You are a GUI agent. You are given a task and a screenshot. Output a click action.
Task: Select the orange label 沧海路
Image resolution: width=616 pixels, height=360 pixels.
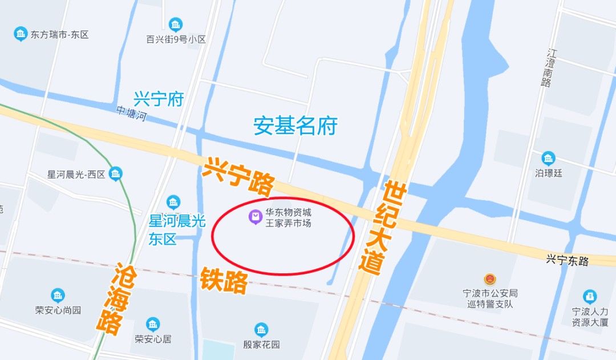click(x=114, y=298)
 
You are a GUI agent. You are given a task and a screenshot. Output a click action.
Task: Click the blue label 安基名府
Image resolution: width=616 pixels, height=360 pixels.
click(x=295, y=126)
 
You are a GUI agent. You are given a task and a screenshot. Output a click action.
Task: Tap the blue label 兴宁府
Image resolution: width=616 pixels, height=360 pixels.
click(x=159, y=99)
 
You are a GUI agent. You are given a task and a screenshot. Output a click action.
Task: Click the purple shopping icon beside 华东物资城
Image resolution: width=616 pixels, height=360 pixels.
click(x=254, y=217)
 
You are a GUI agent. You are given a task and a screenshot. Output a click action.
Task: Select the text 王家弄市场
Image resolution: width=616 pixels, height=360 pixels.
click(x=289, y=223)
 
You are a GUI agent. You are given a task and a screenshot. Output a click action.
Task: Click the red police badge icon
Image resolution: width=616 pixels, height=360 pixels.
click(x=489, y=279)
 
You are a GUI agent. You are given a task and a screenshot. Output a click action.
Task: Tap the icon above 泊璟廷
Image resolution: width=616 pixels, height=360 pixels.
click(x=548, y=158)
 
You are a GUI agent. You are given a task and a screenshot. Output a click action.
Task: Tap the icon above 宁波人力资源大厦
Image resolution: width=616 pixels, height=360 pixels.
click(x=590, y=297)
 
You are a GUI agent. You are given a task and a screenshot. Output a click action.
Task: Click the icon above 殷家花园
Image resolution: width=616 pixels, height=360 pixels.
click(x=261, y=329)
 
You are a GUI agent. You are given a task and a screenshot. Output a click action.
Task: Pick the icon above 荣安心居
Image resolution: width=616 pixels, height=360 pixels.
click(x=152, y=324)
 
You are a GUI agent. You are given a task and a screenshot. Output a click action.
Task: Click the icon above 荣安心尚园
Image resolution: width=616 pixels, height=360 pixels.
click(x=58, y=295)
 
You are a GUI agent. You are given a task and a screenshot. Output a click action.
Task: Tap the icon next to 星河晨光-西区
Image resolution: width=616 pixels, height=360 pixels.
click(x=116, y=173)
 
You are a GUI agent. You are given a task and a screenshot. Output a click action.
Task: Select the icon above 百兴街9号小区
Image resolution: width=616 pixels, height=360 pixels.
click(x=176, y=25)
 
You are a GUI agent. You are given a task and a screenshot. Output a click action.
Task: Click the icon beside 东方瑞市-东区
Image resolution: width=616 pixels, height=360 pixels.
click(x=21, y=34)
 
